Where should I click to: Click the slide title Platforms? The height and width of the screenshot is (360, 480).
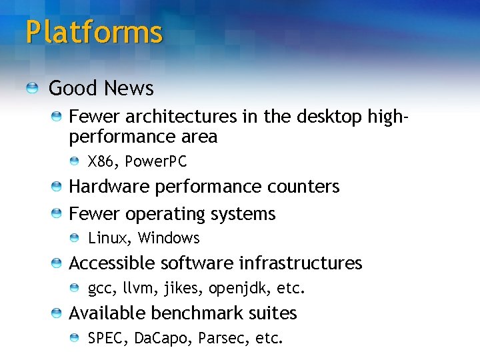click(x=94, y=32)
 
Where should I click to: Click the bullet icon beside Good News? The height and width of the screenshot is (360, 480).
click(x=32, y=88)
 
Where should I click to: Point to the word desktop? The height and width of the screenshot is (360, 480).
click(x=329, y=117)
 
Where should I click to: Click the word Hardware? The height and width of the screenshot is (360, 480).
click(x=109, y=187)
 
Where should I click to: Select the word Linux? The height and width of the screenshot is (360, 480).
click(x=110, y=238)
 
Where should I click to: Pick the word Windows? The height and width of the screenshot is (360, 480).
click(x=169, y=238)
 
